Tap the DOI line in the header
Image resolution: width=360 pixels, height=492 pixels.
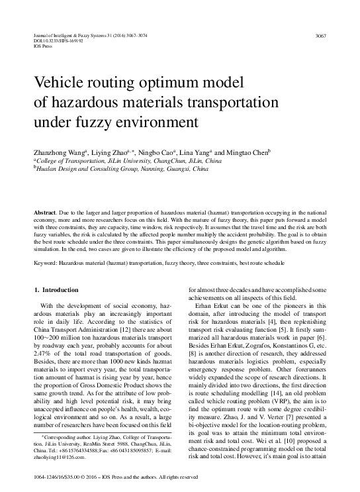[55, 40]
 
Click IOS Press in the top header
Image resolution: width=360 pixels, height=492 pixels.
[42, 46]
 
